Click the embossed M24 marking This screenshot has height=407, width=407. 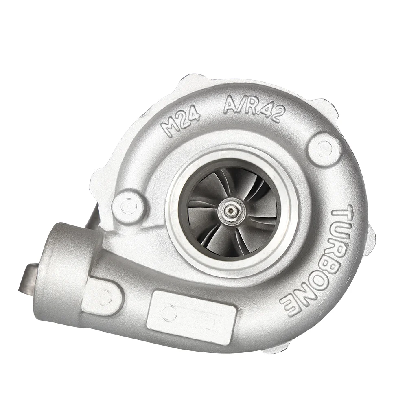coord(181,121)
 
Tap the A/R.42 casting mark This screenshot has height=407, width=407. coord(253,107)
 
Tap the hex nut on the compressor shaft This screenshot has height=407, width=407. coord(231,211)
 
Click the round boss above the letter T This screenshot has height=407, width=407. coord(324,149)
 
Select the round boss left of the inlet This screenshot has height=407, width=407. coord(129,207)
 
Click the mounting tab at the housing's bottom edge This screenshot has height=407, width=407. coord(277,348)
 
